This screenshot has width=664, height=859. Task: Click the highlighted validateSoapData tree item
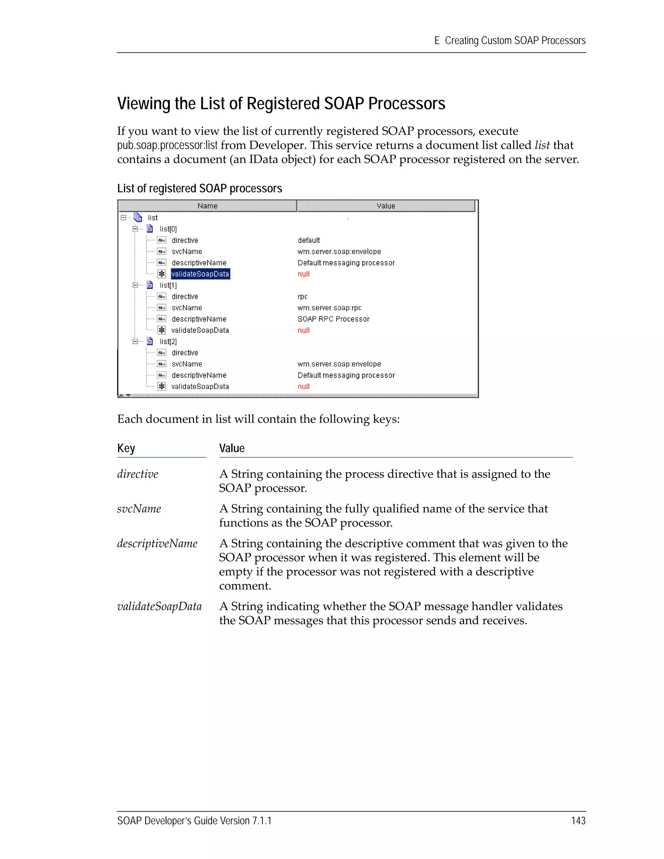tap(200, 274)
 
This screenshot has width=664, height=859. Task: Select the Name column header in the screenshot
tap(207, 206)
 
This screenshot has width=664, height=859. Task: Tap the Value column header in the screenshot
tap(385, 206)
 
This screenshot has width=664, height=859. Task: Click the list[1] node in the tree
tap(168, 285)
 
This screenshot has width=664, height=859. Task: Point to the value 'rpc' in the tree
tap(302, 297)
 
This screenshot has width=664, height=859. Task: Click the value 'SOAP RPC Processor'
tap(333, 319)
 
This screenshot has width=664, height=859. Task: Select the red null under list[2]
tap(303, 386)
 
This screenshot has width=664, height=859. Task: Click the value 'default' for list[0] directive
tap(308, 240)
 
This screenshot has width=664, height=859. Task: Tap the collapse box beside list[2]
tap(135, 341)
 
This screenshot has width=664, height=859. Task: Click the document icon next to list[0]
tap(150, 229)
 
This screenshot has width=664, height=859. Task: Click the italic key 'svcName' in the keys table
tap(139, 509)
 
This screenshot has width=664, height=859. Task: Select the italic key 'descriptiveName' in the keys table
tap(157, 543)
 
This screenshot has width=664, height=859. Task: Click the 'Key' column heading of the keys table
tap(126, 448)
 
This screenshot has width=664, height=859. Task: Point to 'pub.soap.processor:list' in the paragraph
tap(167, 145)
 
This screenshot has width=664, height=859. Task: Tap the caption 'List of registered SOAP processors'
tap(199, 188)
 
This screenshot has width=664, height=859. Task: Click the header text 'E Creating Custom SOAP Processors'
tap(510, 41)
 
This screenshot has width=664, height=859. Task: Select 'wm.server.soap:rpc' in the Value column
tap(329, 308)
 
